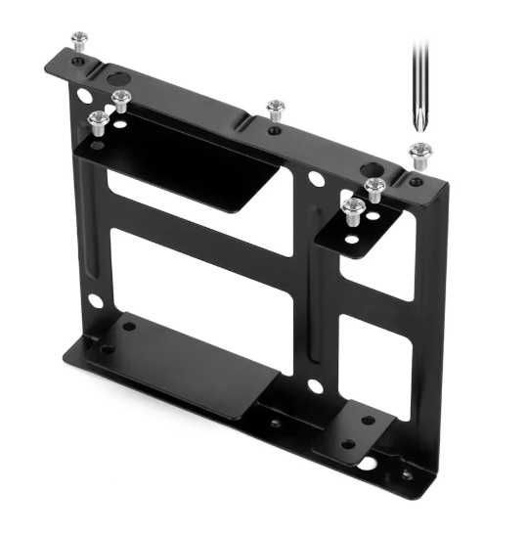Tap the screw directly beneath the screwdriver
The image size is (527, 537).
click(x=420, y=154)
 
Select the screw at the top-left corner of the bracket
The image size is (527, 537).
click(x=79, y=41)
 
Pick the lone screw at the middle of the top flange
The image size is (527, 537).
click(x=276, y=108)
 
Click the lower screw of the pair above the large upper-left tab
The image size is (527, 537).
click(x=99, y=122)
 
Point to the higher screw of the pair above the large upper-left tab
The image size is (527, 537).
click(x=121, y=99)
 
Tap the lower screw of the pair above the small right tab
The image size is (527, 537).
click(x=353, y=208)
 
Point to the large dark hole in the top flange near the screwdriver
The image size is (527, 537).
click(x=375, y=169)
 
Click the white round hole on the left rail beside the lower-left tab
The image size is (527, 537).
click(x=94, y=301)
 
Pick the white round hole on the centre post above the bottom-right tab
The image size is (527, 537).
click(x=315, y=386)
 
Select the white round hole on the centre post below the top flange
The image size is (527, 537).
click(x=316, y=180)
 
